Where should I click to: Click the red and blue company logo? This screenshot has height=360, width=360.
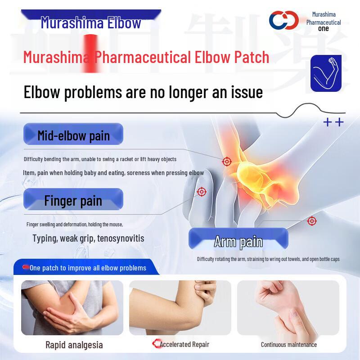coord(284,20)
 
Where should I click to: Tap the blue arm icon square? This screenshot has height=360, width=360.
coord(326,73)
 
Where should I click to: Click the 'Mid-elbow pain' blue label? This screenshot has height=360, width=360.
coord(73,135)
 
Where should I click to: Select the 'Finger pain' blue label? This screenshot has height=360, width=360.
coord(73,200)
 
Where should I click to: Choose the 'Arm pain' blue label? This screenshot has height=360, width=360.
coord(238,241)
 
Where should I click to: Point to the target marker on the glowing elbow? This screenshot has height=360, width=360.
coord(227,161)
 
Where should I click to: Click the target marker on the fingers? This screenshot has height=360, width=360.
coord(202,192)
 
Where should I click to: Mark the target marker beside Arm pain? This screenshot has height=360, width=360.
coord(312,221)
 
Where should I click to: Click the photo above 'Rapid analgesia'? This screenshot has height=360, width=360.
coord(72,307)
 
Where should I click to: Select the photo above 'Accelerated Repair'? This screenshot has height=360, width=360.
coord(180,307)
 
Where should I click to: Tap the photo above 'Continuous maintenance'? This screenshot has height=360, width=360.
coord(288,307)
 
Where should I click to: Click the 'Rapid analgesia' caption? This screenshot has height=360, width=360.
coord(74,345)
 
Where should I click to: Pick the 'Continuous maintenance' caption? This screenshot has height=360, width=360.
coord(289,345)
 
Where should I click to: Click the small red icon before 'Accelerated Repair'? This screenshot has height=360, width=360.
coord(156,344)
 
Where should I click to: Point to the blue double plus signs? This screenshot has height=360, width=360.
coord(333,122)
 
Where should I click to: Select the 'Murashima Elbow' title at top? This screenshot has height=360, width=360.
coord(91,23)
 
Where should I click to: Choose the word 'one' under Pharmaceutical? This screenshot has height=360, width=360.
coord(323,29)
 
